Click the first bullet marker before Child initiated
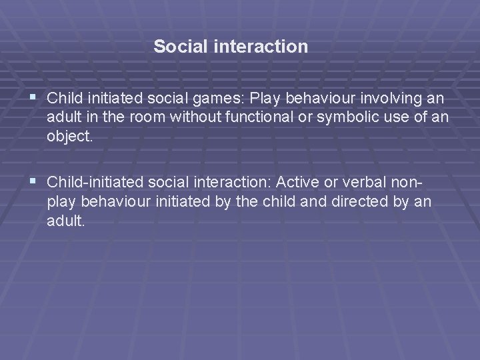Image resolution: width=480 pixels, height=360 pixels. coord(34,99)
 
